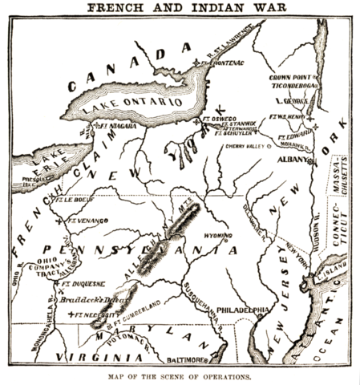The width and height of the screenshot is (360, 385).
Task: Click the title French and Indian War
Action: (x=180, y=8)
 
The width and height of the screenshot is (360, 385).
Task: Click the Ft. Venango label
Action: (x=88, y=219)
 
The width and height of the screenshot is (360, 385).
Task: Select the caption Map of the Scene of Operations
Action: (x=180, y=376)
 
